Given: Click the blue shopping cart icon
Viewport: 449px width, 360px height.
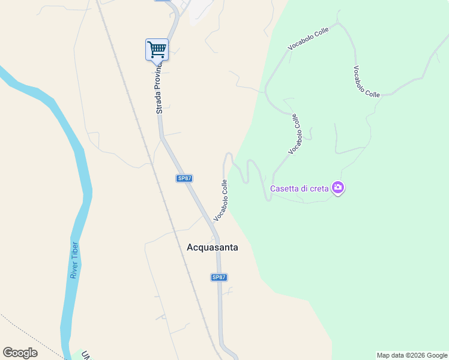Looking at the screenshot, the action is click(x=157, y=49).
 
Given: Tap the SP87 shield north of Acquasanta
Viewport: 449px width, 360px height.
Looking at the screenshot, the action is click(x=184, y=178).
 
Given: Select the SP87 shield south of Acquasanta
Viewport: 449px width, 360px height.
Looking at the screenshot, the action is click(x=219, y=277).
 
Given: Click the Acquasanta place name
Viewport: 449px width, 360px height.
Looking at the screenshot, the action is click(x=212, y=247).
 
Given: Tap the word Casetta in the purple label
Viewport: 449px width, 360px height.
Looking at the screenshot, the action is click(x=284, y=188).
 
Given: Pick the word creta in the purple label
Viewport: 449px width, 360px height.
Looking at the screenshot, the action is click(x=319, y=188).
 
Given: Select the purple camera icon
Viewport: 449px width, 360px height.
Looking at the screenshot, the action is click(x=338, y=188).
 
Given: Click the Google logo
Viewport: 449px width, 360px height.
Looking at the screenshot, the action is click(x=20, y=353).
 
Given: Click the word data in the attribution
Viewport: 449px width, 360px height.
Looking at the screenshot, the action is click(x=397, y=355).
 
